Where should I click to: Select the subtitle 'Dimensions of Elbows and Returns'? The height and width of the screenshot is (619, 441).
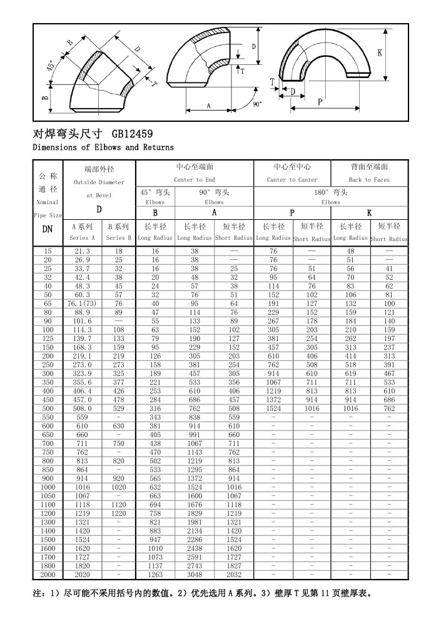tap(103, 147)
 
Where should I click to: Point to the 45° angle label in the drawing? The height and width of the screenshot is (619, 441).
tap(49, 67)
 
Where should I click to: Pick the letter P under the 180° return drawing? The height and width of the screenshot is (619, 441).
tap(320, 102)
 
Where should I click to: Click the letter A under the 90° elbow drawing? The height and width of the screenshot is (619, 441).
tap(208, 106)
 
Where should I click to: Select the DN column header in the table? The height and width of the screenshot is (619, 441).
tap(47, 229)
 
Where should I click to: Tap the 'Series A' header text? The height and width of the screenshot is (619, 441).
tap(83, 238)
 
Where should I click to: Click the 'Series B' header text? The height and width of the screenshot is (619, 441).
tap(118, 238)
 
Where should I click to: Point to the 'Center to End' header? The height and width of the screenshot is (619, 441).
tap(195, 180)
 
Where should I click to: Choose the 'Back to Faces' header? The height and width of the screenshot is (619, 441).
tap(369, 180)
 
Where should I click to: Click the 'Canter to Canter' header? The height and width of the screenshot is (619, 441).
tap(292, 180)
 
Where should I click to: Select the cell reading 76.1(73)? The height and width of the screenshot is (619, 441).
tap(83, 304)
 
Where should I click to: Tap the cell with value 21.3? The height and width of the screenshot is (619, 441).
tap(83, 250)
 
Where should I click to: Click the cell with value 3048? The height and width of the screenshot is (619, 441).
tap(195, 574)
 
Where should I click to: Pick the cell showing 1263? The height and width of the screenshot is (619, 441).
tap(155, 574)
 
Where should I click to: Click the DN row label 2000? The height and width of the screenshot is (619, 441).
tap(48, 574)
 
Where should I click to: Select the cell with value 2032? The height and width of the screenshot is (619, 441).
tap(233, 574)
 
